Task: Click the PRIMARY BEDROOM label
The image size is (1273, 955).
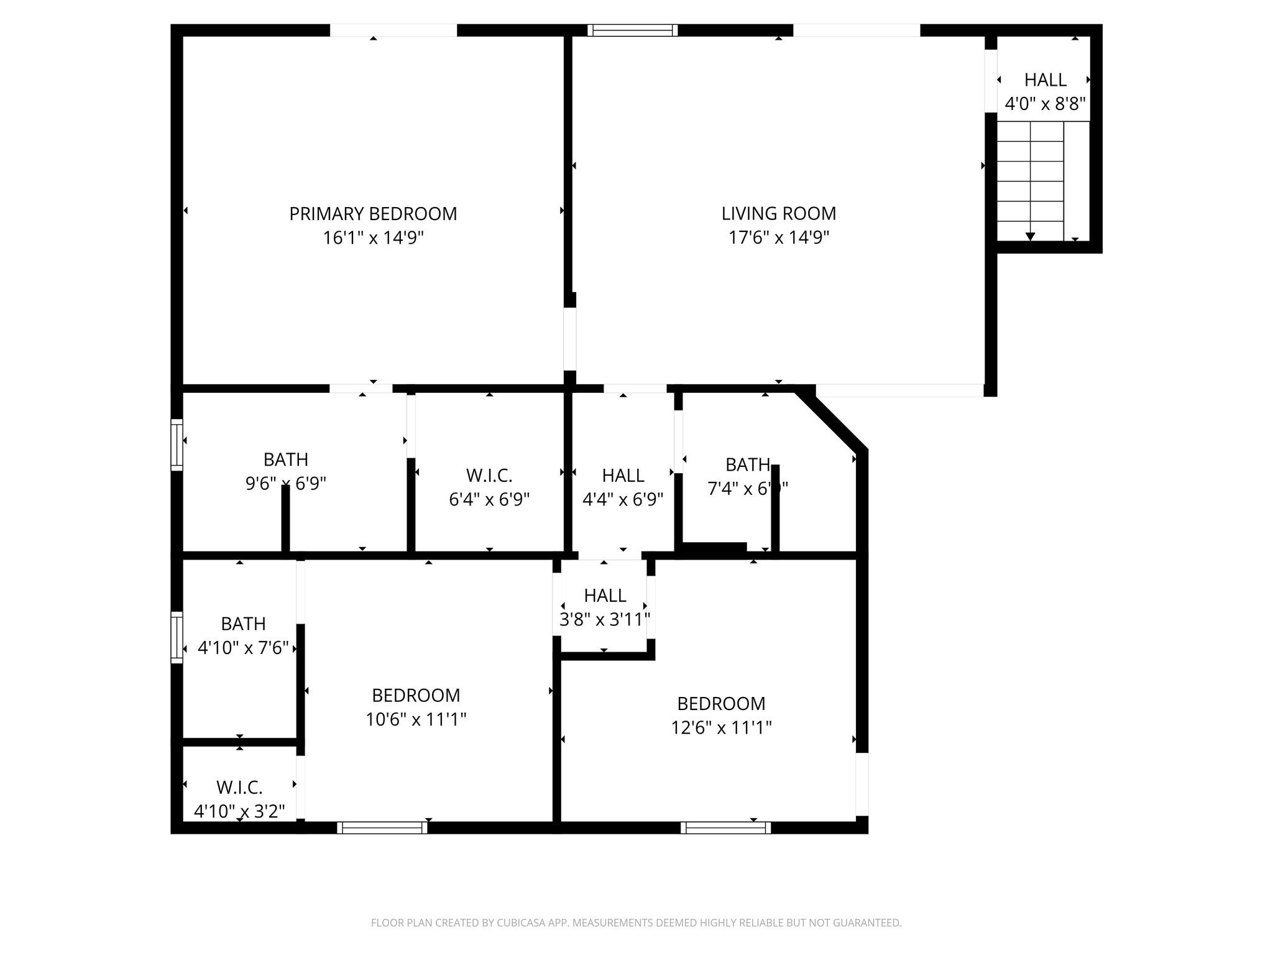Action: click(373, 214)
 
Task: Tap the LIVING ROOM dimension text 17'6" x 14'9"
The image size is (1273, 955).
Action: click(779, 238)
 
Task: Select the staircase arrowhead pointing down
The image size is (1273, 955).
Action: click(1030, 236)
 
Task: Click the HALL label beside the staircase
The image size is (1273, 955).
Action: click(1045, 80)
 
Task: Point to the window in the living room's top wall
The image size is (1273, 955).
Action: click(632, 30)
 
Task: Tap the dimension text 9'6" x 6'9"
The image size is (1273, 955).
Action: click(285, 483)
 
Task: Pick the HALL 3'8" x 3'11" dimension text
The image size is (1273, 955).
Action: click(605, 619)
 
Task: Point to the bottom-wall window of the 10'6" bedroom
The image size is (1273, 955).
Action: click(382, 828)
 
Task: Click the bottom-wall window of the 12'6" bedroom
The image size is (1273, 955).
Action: click(725, 828)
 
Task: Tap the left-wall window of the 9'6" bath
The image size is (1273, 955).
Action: click(177, 444)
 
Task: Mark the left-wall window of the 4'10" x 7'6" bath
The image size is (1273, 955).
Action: click(177, 637)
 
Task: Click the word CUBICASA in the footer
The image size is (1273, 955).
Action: click(520, 923)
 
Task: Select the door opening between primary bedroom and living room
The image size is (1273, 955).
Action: click(569, 339)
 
